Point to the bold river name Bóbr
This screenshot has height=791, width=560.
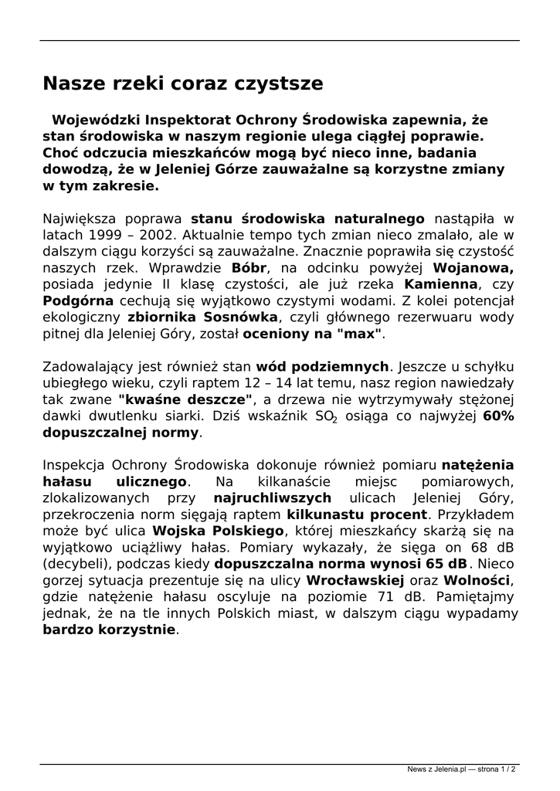(x=249, y=268)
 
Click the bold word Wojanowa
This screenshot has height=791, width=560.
(x=473, y=268)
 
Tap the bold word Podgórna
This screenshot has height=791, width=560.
(x=76, y=301)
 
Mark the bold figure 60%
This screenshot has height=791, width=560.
(x=498, y=416)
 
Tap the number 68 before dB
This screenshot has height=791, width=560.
(x=477, y=547)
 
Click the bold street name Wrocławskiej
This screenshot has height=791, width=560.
(x=355, y=579)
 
